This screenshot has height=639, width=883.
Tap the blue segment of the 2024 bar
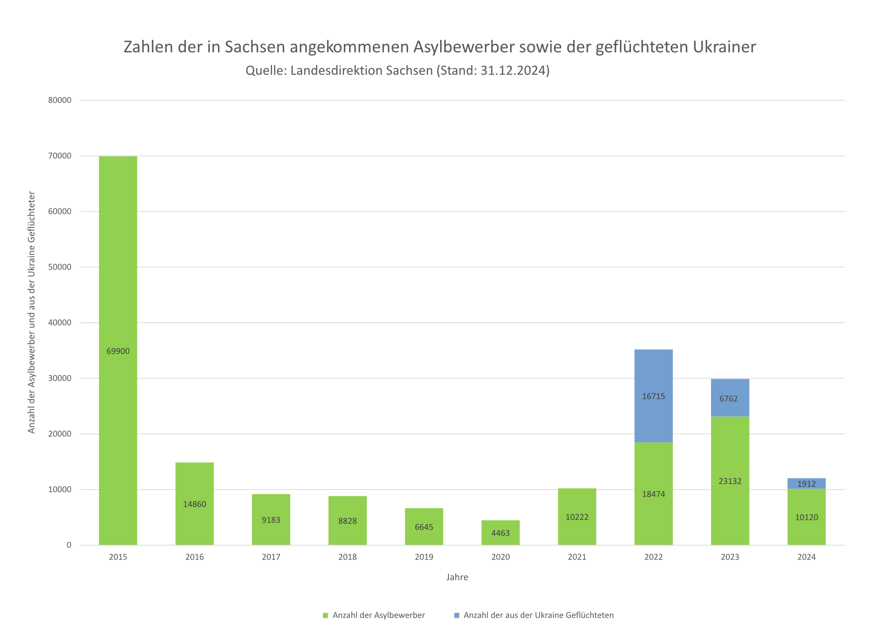[x=806, y=484]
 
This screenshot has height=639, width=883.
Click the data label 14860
[x=195, y=504]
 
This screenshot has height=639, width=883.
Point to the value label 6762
[x=728, y=399]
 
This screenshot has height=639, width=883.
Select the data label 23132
[x=730, y=481]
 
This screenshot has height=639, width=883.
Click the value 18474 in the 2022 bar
[x=654, y=494]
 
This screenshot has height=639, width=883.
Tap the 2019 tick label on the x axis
[x=424, y=557]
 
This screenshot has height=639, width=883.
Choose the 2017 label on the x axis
[x=271, y=557]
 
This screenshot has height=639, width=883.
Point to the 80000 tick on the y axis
[x=60, y=100]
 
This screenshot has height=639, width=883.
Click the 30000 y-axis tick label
[x=60, y=378]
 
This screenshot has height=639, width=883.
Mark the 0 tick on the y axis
[x=69, y=545]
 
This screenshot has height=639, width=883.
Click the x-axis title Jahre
[x=457, y=577]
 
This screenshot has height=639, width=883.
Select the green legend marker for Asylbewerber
[x=326, y=616]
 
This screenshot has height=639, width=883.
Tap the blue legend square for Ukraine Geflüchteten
[x=457, y=616]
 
